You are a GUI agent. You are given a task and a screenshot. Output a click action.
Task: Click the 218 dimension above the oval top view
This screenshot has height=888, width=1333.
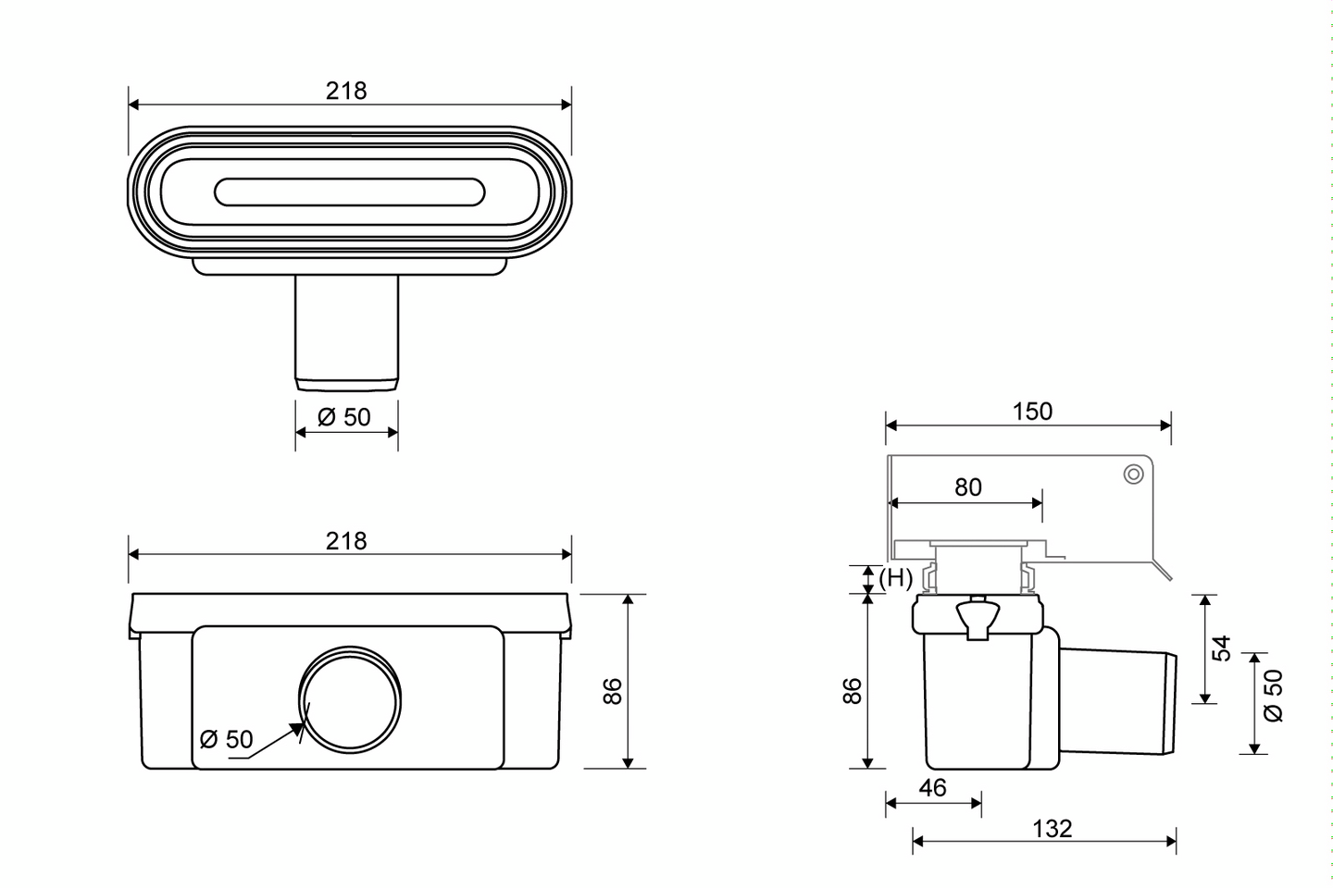[346, 91]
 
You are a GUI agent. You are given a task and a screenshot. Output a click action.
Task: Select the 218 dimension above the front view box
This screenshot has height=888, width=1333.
[346, 540]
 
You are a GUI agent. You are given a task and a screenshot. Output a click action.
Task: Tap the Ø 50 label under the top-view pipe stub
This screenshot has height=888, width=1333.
[343, 417]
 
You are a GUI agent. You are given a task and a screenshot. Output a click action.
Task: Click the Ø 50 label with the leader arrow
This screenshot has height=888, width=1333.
[226, 739]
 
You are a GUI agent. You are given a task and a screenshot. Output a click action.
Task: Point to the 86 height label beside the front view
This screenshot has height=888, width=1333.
[613, 691]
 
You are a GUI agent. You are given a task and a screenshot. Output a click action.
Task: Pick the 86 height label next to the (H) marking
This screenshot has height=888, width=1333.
[853, 691]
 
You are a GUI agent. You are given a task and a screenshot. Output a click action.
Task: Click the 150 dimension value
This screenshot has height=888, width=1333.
[1032, 412]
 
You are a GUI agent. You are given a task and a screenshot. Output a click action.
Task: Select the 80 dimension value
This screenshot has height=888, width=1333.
[967, 487]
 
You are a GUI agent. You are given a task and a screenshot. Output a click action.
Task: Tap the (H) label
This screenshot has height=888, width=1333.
[895, 578]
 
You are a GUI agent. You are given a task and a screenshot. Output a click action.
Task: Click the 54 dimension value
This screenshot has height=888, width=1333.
[1222, 648]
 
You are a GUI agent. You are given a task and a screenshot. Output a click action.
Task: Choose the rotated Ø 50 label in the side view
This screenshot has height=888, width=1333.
[1275, 696]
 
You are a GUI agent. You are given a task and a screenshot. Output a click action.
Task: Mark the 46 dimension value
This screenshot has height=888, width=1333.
[933, 787]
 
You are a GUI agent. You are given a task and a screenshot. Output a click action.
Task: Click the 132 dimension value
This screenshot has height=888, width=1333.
[1052, 828]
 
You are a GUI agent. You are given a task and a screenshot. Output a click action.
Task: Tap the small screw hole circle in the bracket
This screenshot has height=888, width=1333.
[1133, 475]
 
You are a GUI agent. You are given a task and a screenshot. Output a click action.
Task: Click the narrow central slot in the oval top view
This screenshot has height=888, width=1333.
[349, 192]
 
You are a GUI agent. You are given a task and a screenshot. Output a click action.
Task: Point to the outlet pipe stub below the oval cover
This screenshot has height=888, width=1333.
[346, 331]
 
